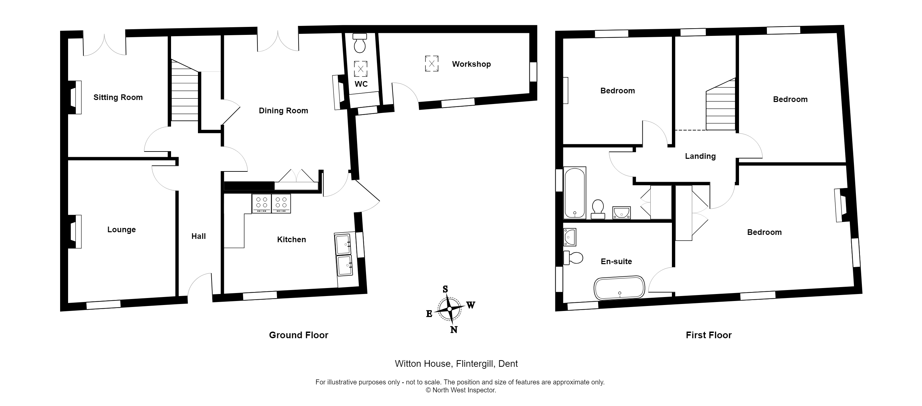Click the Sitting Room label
pyautogui.click(x=118, y=97)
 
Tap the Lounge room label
pyautogui.click(x=121, y=230)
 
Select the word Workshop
pyautogui.click(x=471, y=64)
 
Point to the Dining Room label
pyautogui.click(x=283, y=111)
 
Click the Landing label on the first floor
pyautogui.click(x=700, y=156)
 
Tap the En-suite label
pyautogui.click(x=616, y=261)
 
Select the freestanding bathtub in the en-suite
pyautogui.click(x=619, y=287)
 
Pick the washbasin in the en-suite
pyautogui.click(x=570, y=237)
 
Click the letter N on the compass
pyautogui.click(x=453, y=330)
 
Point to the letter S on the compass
pyautogui.click(x=445, y=289)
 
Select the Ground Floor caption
pyautogui.click(x=299, y=335)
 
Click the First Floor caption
pyautogui.click(x=708, y=335)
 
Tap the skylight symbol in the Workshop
pyautogui.click(x=432, y=64)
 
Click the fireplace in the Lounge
pyautogui.click(x=74, y=232)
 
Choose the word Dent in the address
pyautogui.click(x=508, y=364)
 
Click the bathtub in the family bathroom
pyautogui.click(x=575, y=193)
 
